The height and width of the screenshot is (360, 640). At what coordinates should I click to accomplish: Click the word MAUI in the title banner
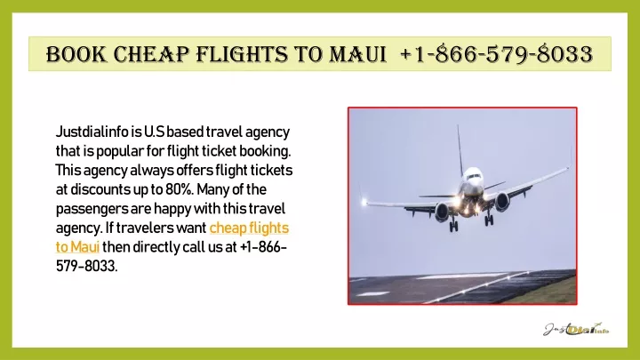pos(357,54)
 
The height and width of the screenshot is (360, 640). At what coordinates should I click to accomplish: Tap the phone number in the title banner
pos(496,54)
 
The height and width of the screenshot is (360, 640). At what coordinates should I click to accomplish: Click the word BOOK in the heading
pos(76,54)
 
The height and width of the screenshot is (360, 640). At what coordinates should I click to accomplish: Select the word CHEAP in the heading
pos(151,54)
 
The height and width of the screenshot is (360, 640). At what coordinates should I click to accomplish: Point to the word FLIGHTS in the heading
pos(242,54)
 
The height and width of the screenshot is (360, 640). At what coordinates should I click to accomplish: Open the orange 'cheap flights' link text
pos(249,228)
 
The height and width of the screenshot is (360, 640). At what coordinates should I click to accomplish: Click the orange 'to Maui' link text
pos(77,247)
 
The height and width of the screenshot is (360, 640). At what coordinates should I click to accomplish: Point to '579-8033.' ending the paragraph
pos(86,266)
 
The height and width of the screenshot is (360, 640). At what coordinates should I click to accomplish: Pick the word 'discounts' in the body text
pos(100,189)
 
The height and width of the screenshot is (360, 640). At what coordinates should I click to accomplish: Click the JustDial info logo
pos(576,329)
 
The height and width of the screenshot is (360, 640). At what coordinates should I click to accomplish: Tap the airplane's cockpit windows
pos(474,176)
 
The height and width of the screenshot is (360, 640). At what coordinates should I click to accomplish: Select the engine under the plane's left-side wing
pos(442,212)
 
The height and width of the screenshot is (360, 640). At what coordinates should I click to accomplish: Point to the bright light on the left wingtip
pos(364,201)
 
